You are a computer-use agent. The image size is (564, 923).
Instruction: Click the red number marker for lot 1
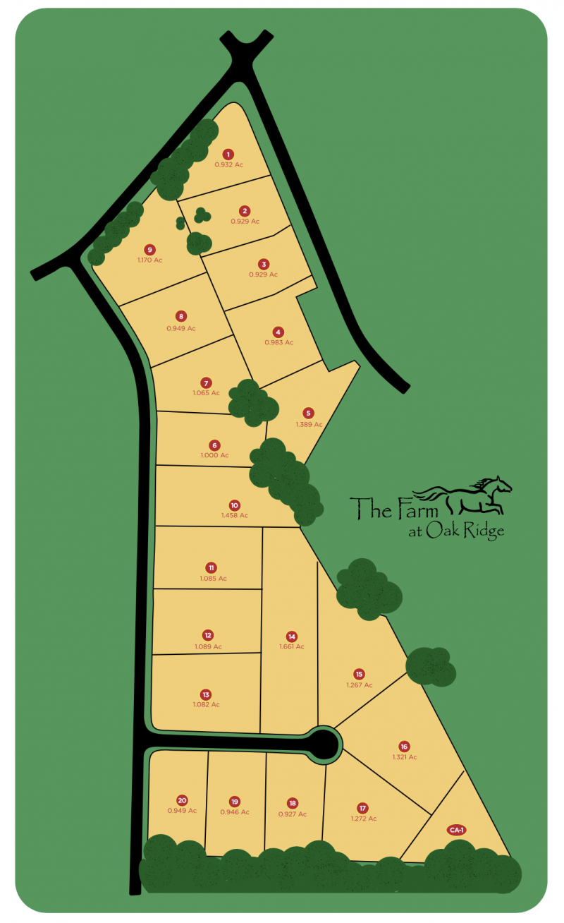(228, 154)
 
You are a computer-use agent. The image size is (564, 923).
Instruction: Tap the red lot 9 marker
(149, 249)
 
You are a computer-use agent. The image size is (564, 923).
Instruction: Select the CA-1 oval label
(456, 830)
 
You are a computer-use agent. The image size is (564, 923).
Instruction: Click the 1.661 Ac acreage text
(291, 646)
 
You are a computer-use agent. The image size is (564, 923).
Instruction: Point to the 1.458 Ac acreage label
(235, 515)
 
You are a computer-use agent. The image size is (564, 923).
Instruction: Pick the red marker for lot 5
(308, 413)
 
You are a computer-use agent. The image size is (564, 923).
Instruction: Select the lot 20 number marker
(182, 800)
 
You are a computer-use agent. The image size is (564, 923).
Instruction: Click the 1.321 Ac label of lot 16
(405, 757)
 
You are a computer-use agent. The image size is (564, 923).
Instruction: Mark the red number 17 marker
(363, 808)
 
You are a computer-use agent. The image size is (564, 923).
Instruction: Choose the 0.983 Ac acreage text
(278, 342)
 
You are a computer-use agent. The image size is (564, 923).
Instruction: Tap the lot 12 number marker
(208, 635)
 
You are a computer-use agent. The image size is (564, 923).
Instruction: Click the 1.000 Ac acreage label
(215, 455)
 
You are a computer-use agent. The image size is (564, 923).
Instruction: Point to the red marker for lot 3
(263, 263)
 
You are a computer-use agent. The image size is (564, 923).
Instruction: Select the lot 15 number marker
(359, 674)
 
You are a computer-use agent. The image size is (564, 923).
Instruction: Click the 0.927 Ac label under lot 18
(293, 814)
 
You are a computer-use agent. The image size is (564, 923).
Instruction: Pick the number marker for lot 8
(181, 317)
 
